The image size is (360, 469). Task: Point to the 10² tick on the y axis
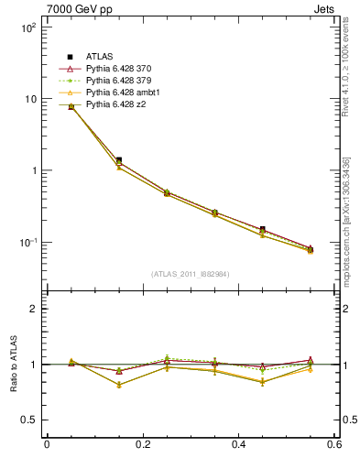point(27,27)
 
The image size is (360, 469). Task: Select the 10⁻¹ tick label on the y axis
point(27,242)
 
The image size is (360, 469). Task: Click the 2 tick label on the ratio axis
point(35,309)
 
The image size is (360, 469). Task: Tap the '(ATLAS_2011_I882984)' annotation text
point(191,274)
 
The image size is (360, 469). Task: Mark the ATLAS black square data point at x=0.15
point(118,160)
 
